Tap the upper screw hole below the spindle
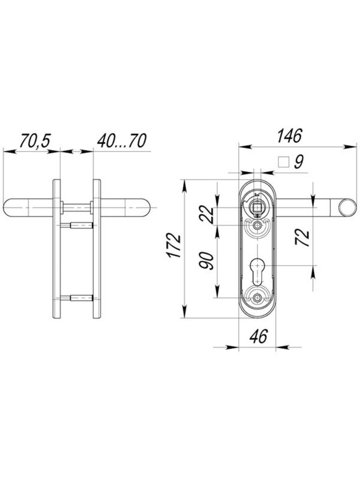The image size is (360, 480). (258, 226)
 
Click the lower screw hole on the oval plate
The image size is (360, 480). (258, 298)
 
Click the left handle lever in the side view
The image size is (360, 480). (27, 208)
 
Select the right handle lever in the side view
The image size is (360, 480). (126, 208)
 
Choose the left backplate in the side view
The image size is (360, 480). (56, 249)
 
